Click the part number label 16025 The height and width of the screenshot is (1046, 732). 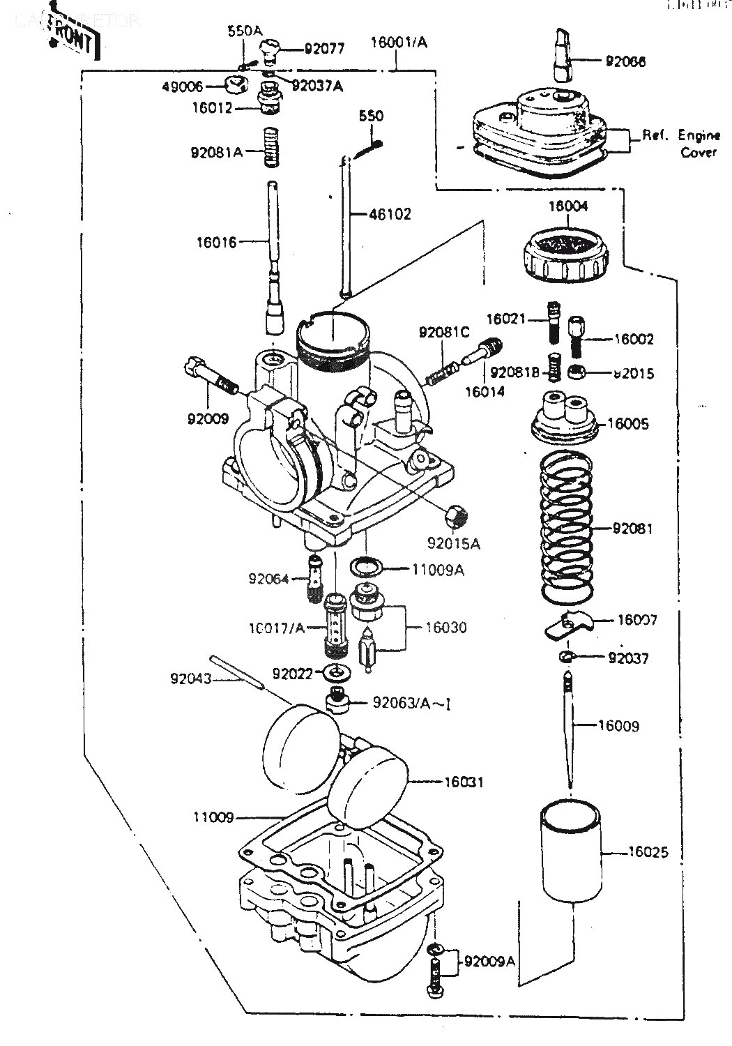[648, 851]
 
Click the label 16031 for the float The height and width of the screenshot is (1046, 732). [463, 782]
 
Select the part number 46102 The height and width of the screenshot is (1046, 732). [390, 214]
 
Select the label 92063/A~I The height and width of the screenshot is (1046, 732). [402, 702]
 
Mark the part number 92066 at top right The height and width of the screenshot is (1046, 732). [625, 61]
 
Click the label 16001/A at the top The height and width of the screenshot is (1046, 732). [399, 43]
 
